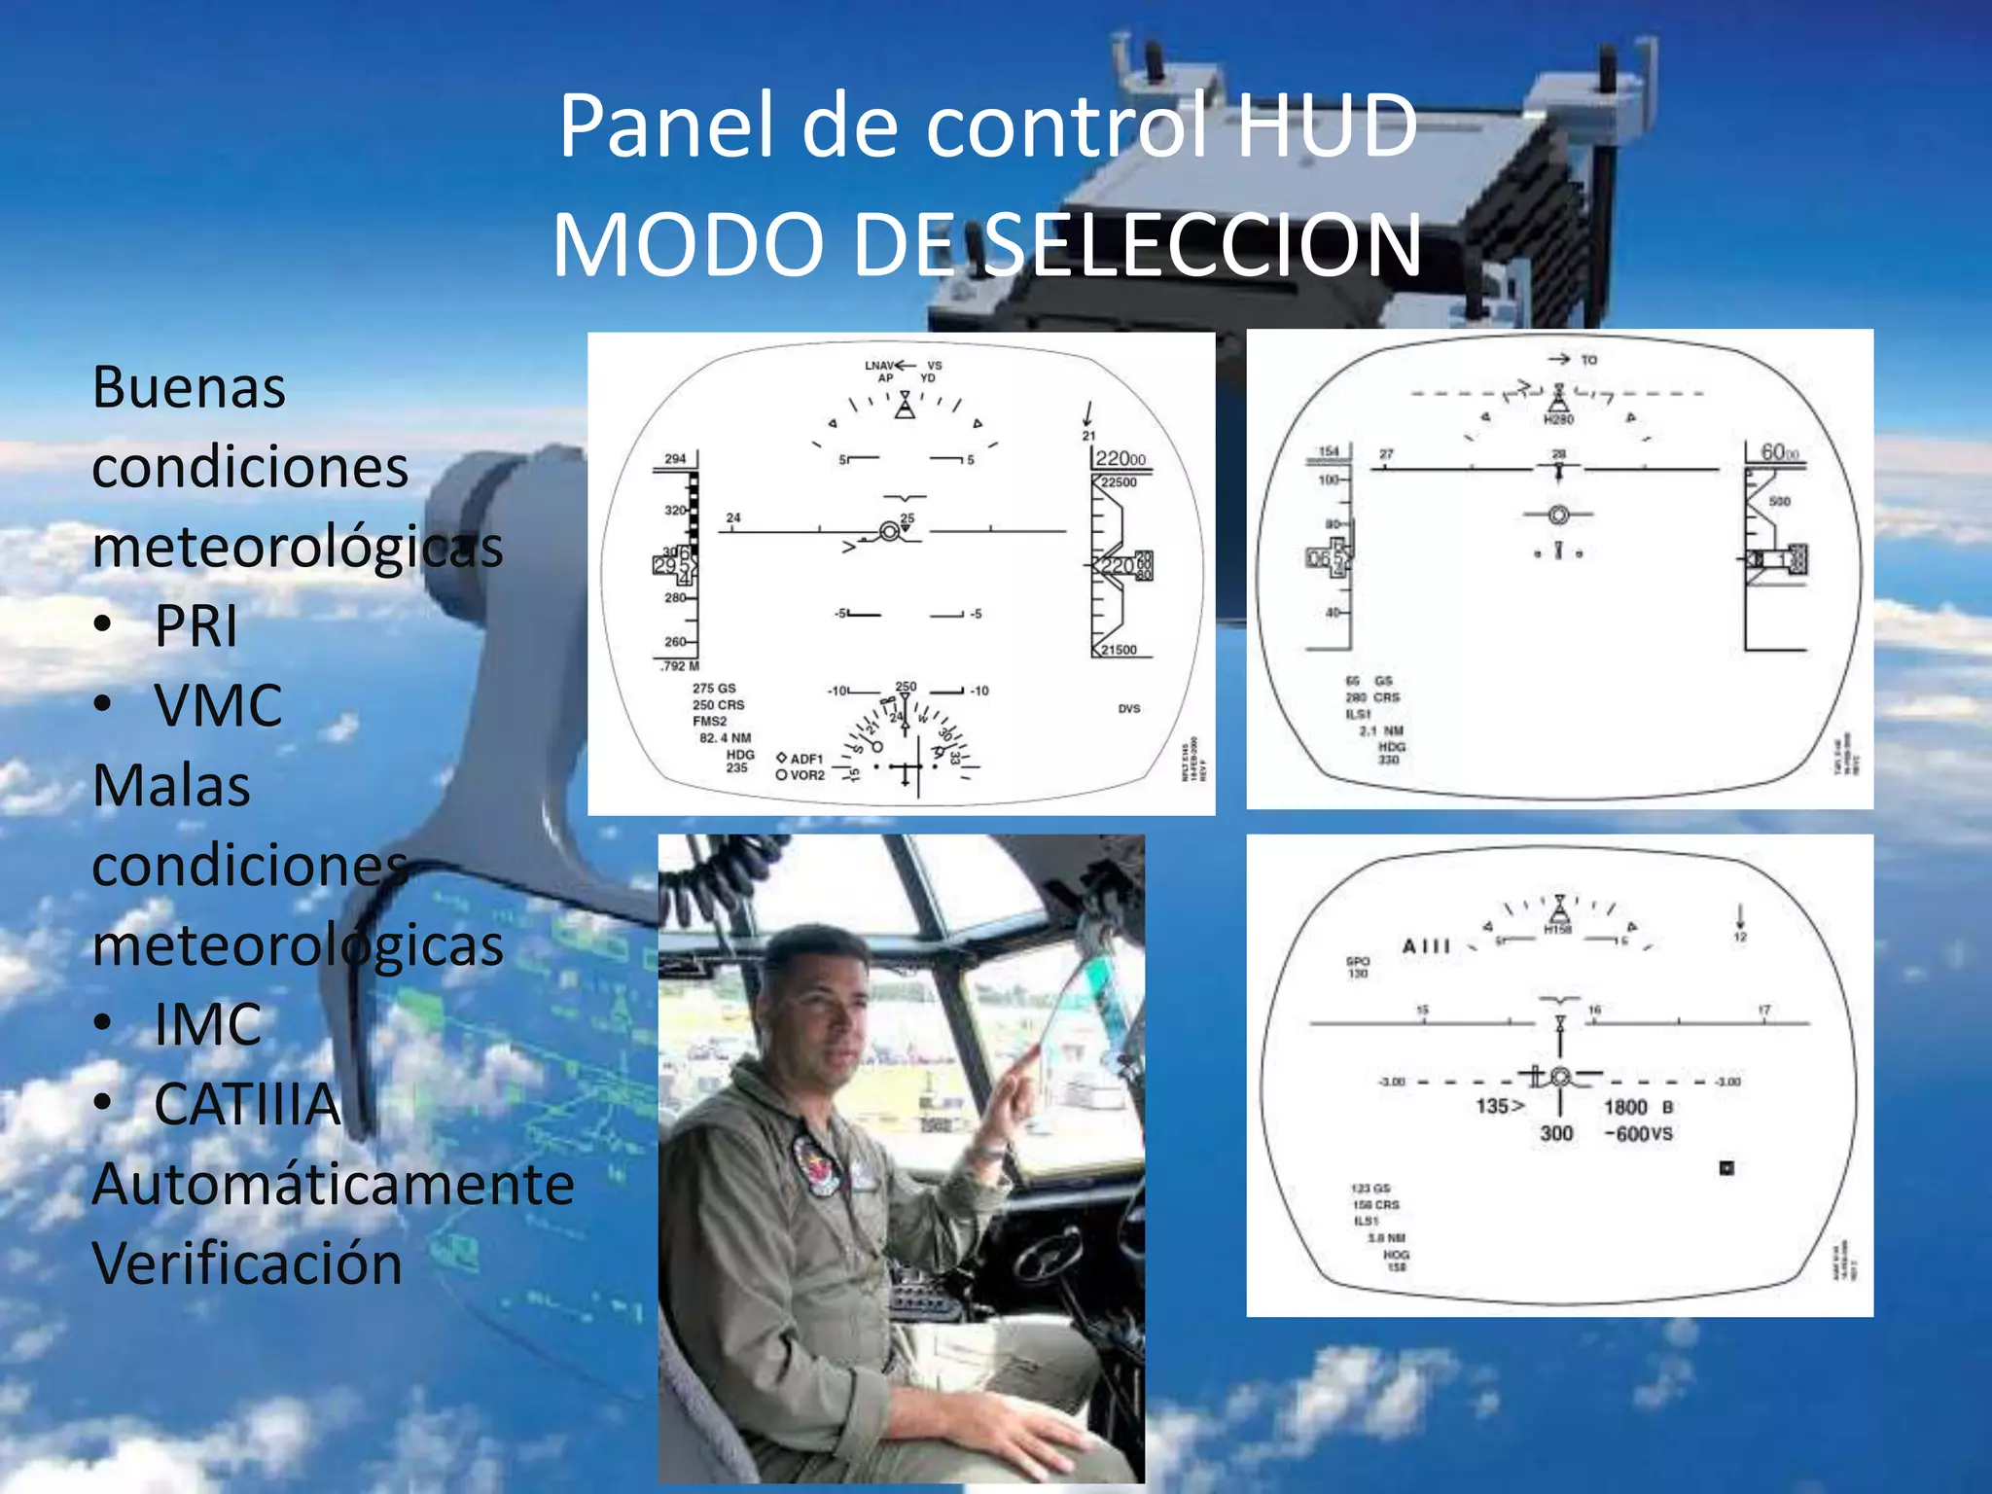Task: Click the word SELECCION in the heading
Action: [x=1202, y=245]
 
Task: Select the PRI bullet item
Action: [x=196, y=625]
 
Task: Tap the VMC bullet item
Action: [x=218, y=705]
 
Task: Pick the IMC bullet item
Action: [x=207, y=1024]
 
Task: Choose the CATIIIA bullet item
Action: [x=247, y=1104]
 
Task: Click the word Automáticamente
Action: [x=333, y=1184]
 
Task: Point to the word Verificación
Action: [x=247, y=1263]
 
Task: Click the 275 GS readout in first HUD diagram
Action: [x=714, y=688]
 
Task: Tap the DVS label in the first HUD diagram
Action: [x=1128, y=708]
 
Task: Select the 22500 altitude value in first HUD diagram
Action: [x=1119, y=482]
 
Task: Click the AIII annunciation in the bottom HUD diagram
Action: [x=1426, y=946]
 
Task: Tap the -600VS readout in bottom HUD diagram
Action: [x=1638, y=1134]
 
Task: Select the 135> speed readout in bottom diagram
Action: [x=1500, y=1106]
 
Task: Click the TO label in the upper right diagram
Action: [x=1588, y=360]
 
